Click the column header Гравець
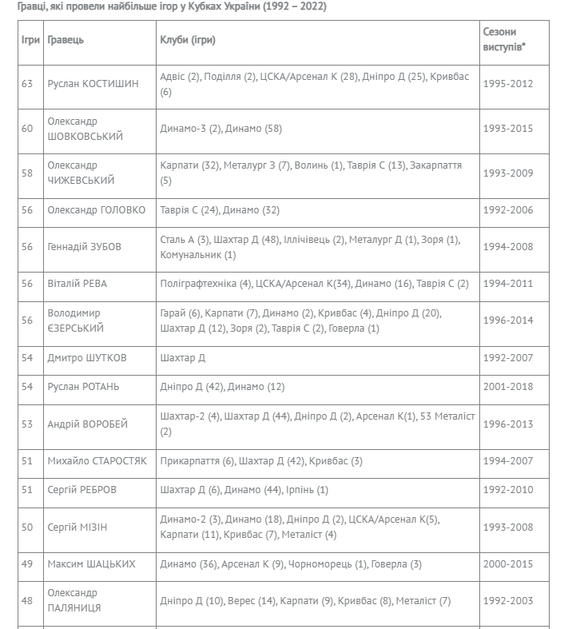[66, 40]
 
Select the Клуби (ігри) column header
[188, 40]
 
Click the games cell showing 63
[27, 84]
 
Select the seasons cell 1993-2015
[510, 129]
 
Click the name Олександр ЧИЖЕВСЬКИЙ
[81, 173]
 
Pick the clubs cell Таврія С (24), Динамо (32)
[220, 210]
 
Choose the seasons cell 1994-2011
[510, 284]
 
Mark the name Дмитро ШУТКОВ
[87, 357]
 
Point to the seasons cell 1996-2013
[510, 424]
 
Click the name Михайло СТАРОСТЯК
[97, 461]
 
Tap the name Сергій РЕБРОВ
[83, 490]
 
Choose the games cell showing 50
[27, 527]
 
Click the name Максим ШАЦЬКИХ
[91, 564]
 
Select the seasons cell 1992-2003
[510, 601]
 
